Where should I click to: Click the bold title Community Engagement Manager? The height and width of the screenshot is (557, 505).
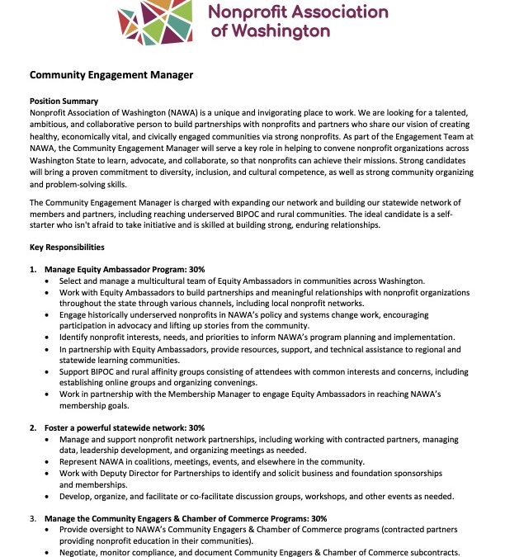point(111,75)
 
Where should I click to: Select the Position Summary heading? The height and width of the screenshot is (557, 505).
point(64,101)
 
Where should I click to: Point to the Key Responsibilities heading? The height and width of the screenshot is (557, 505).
point(68,247)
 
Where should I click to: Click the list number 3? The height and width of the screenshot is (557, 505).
point(33,518)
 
